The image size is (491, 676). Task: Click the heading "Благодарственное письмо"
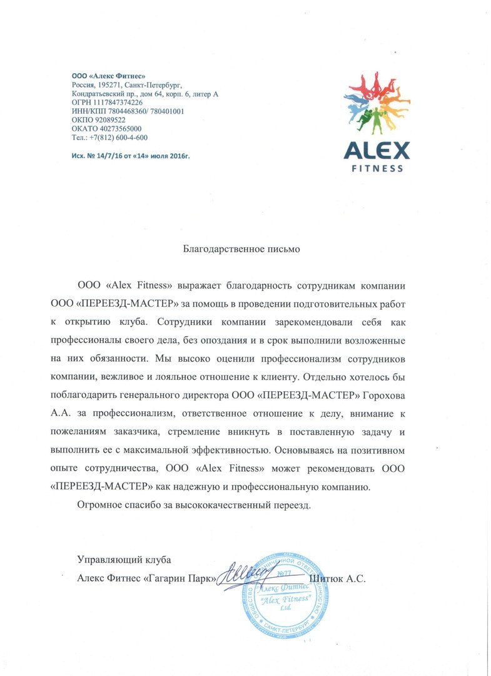click(x=241, y=249)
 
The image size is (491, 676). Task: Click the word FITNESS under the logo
click(x=375, y=168)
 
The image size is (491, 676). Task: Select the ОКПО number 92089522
click(x=109, y=120)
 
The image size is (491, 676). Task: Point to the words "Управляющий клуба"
click(x=123, y=559)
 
